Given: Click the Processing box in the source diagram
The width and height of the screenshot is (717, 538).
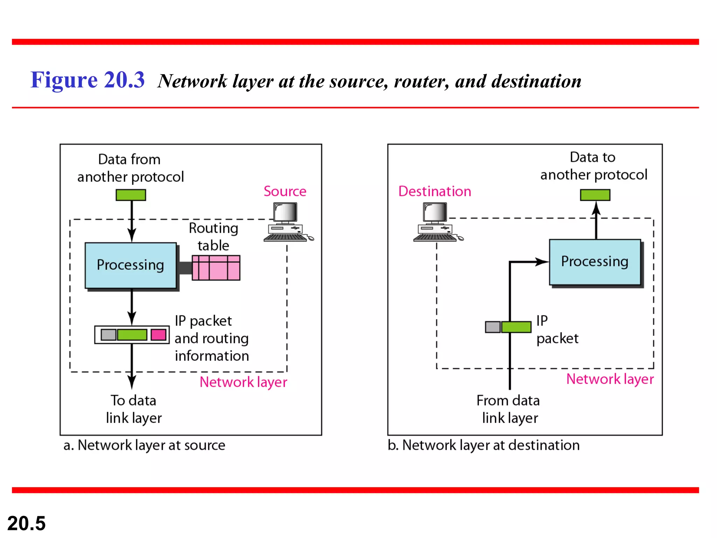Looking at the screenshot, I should pyautogui.click(x=131, y=265).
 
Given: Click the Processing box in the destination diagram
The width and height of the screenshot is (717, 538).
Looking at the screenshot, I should pyautogui.click(x=595, y=262).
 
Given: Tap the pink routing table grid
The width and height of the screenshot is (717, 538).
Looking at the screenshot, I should pyautogui.click(x=216, y=268).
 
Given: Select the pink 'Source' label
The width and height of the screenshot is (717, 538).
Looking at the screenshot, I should pyautogui.click(x=285, y=191).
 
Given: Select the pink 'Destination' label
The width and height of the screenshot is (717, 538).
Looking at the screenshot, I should pyautogui.click(x=434, y=191).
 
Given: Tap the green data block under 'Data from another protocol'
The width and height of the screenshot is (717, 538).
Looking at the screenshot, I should pyautogui.click(x=131, y=195).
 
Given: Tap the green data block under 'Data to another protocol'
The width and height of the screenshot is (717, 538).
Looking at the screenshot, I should pyautogui.click(x=595, y=195).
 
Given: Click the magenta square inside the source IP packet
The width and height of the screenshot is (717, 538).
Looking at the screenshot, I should pyautogui.click(x=158, y=334).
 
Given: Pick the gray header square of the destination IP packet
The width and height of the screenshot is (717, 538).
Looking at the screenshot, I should pyautogui.click(x=493, y=327).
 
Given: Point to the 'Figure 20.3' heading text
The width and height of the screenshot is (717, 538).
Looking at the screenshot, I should pyautogui.click(x=88, y=80).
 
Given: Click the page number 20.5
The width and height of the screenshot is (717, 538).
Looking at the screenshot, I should pyautogui.click(x=26, y=523).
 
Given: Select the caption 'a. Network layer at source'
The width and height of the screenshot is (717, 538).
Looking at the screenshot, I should pyautogui.click(x=144, y=445).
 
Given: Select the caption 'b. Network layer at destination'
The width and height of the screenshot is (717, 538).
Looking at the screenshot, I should pyautogui.click(x=483, y=445).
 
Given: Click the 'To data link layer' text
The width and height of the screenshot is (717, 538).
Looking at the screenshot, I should pyautogui.click(x=133, y=409).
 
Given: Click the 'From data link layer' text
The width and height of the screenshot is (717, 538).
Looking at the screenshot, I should pyautogui.click(x=509, y=409).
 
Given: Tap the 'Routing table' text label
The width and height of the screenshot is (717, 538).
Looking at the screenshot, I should pyautogui.click(x=213, y=236).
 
